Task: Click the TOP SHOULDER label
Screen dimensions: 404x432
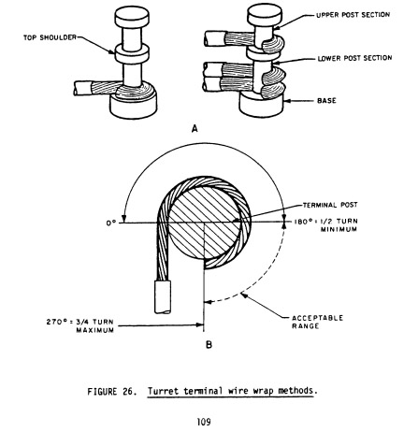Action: (50, 37)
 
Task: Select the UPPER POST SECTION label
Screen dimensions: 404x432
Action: (353, 15)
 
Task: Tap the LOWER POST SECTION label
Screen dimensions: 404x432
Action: (354, 58)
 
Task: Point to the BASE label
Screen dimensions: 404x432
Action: (326, 101)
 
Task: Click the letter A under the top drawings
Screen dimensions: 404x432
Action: (195, 128)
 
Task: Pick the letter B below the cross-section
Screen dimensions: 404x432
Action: (209, 345)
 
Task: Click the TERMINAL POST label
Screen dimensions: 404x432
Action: (330, 205)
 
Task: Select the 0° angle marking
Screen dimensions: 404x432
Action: (110, 223)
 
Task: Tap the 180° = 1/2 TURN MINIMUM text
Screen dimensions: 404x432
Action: (325, 225)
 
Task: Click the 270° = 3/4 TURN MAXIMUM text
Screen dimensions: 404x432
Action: (80, 325)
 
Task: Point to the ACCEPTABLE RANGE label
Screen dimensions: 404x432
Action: (317, 322)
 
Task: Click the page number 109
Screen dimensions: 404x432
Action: (204, 422)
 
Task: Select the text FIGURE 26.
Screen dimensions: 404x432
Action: (112, 392)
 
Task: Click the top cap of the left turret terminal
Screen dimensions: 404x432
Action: (132, 18)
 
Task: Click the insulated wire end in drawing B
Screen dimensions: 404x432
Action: (163, 297)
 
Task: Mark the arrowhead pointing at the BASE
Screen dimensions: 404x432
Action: (287, 101)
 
